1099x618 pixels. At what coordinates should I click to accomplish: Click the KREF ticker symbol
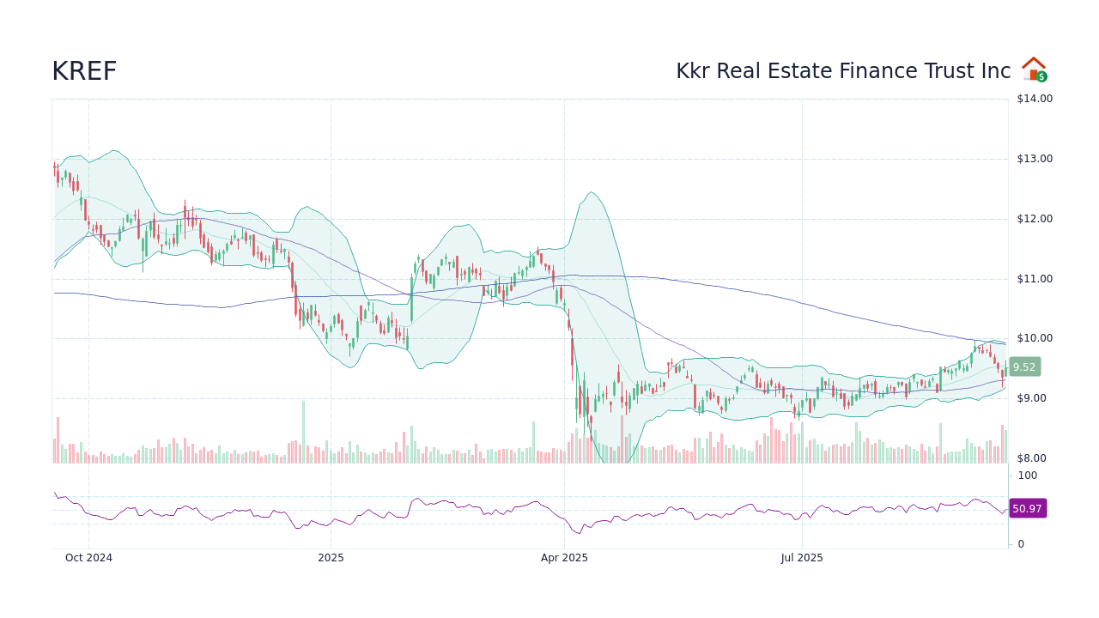click(x=84, y=72)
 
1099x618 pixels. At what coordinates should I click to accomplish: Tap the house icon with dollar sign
click(x=1034, y=70)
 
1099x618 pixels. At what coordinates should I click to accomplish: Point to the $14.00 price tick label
click(x=1034, y=99)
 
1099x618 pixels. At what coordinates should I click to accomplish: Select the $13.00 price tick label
click(x=1034, y=159)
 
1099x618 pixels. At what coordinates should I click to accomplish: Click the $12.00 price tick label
click(x=1034, y=219)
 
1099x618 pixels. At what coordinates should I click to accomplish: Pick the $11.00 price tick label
click(x=1034, y=279)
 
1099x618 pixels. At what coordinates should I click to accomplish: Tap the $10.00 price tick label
click(x=1034, y=338)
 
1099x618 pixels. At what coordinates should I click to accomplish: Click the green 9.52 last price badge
click(x=1024, y=367)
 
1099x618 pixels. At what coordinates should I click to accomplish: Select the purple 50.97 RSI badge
click(x=1027, y=509)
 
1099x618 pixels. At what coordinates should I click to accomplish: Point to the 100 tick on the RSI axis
click(x=1027, y=476)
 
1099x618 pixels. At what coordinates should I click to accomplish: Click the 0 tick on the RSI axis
click(x=1021, y=544)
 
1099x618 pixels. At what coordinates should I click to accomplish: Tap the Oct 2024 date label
click(x=89, y=558)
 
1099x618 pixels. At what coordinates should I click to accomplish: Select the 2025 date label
click(x=331, y=558)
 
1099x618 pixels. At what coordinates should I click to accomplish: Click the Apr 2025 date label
click(x=564, y=558)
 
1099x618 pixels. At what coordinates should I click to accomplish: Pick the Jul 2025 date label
click(x=802, y=558)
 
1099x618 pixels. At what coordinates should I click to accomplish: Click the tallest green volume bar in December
click(x=303, y=432)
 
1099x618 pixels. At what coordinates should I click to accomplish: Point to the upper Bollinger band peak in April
click(x=592, y=192)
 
